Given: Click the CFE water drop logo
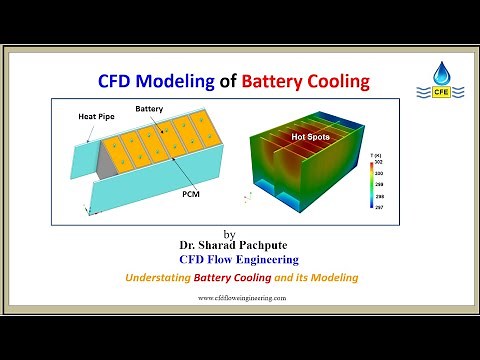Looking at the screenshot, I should pos(442,79).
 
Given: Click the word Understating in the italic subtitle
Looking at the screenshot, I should pos(146,276).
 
